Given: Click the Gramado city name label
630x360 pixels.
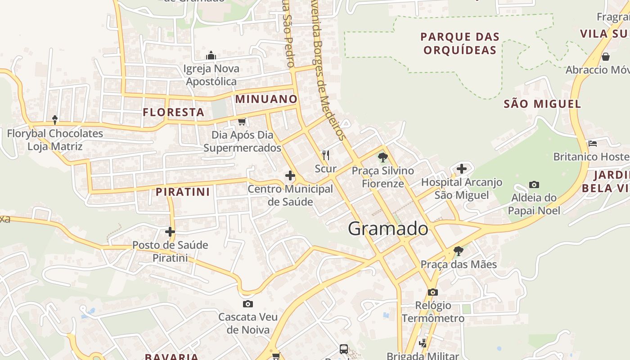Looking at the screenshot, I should tap(388, 229).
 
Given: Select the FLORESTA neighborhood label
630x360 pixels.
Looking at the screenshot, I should tap(174, 112).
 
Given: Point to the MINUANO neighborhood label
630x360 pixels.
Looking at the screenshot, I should tap(266, 99).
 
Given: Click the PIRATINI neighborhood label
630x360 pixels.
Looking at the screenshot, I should tap(183, 192).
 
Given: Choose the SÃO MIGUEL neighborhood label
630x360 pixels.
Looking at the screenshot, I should tap(542, 104).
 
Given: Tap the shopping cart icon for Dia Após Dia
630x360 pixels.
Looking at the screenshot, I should tap(242, 121).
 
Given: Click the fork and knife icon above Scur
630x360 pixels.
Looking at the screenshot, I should tap(326, 156).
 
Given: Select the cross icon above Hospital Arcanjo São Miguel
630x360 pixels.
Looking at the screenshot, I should tap(462, 169).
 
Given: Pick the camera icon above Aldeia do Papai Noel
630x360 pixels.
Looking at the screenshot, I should tap(534, 184).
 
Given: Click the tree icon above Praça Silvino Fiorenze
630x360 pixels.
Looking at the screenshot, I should tap(382, 157).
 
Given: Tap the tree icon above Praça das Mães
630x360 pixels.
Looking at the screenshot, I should tap(458, 251).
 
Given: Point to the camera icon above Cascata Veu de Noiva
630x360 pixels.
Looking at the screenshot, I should tap(247, 304).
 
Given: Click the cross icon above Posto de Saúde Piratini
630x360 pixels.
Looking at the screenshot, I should tap(170, 232).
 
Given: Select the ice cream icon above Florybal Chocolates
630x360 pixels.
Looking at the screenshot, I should tap(55, 120).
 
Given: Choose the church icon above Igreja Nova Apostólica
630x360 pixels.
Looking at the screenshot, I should tap(211, 56).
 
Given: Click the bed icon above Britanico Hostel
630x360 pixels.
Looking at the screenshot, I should tap(593, 144).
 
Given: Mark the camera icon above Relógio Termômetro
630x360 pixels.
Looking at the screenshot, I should tap(433, 292).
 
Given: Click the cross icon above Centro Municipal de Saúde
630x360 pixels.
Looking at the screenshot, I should tap(290, 175).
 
